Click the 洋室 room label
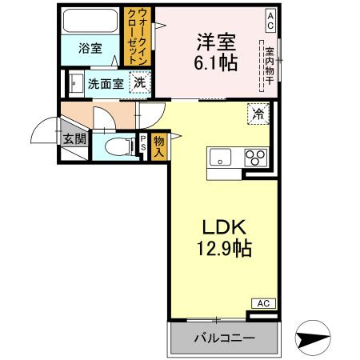click(215, 41)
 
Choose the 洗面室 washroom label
click(105, 82)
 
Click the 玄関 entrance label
click(74, 138)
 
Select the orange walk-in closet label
click(135, 38)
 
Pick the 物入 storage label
click(158, 145)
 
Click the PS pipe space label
click(143, 145)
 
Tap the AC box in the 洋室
click(271, 17)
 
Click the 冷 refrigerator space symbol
click(258, 114)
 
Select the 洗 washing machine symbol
click(140, 81)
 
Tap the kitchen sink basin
click(219, 158)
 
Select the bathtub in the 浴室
click(90, 22)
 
